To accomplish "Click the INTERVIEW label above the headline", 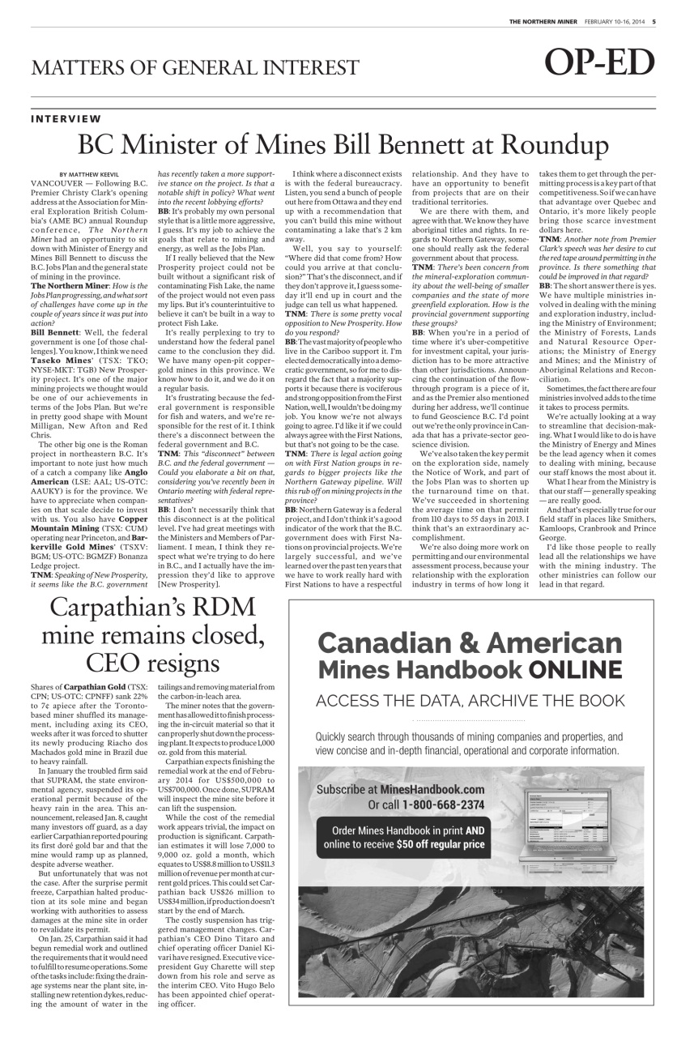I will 66,119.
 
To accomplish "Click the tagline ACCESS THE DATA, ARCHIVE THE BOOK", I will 470,700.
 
